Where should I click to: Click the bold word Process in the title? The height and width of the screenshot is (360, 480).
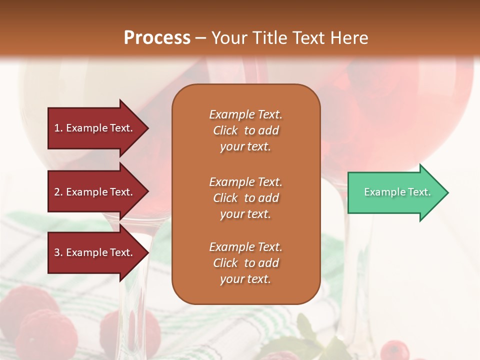pyautogui.click(x=157, y=38)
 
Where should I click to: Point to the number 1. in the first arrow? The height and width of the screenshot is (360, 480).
pyautogui.click(x=58, y=128)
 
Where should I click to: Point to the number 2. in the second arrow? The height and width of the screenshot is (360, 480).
pyautogui.click(x=58, y=192)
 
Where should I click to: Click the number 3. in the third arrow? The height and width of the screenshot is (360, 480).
pyautogui.click(x=58, y=252)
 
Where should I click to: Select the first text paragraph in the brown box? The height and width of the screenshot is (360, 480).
pyautogui.click(x=245, y=130)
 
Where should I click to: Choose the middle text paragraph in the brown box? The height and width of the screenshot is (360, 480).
pyautogui.click(x=245, y=198)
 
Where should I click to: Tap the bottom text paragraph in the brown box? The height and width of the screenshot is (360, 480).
pyautogui.click(x=245, y=263)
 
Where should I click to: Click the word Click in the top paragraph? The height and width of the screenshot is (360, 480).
pyautogui.click(x=225, y=130)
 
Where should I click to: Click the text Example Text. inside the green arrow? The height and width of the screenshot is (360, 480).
pyautogui.click(x=397, y=192)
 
